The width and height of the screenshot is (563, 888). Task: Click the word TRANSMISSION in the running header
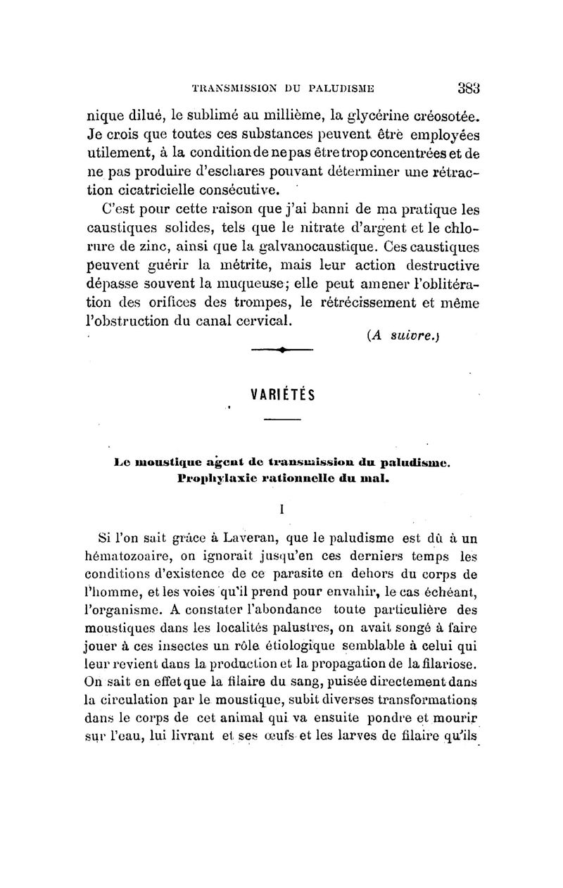click(x=223, y=89)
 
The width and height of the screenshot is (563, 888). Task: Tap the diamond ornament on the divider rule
click(x=281, y=349)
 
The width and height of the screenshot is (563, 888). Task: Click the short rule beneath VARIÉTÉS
click(x=281, y=421)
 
